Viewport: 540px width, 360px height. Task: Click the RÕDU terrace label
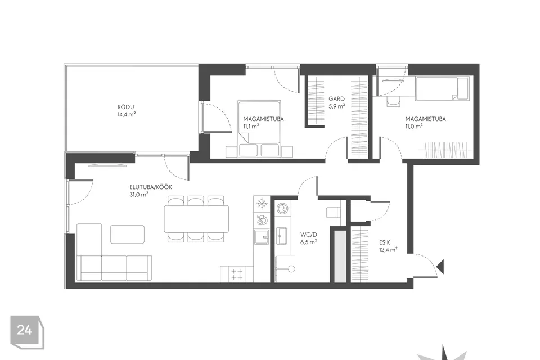(x=125, y=107)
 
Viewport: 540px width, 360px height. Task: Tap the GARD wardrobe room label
(x=336, y=99)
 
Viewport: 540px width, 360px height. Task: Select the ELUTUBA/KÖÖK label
(x=151, y=187)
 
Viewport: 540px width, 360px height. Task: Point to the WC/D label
(x=309, y=235)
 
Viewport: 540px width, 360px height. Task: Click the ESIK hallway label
(x=385, y=242)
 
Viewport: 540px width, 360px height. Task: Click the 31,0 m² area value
(x=139, y=195)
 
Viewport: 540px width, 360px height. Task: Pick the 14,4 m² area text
(x=127, y=114)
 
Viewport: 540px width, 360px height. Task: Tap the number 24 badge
(x=27, y=332)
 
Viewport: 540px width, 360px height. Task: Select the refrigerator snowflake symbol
(x=262, y=204)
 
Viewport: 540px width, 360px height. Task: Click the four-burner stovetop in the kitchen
(x=237, y=274)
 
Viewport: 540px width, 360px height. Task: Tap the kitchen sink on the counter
(x=262, y=237)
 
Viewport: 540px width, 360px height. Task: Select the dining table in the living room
(x=196, y=219)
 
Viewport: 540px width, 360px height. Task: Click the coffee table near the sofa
(x=127, y=234)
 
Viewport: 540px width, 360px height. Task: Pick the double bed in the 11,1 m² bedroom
(x=259, y=121)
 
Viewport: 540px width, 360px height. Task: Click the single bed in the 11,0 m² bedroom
(x=442, y=89)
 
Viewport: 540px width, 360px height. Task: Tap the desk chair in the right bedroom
(x=393, y=100)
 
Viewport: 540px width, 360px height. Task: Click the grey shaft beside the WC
(x=340, y=256)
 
